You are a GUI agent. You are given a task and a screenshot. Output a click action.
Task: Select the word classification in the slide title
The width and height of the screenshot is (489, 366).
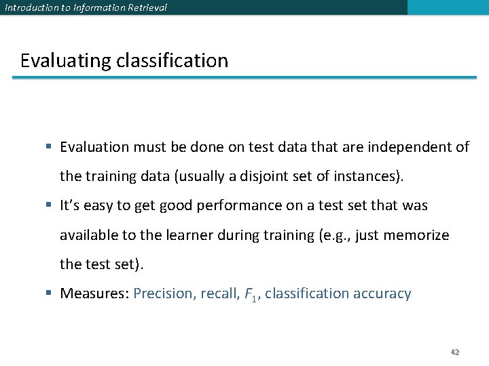tap(173, 61)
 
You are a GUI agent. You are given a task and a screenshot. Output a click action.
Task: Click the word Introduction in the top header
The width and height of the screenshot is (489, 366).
tap(29, 8)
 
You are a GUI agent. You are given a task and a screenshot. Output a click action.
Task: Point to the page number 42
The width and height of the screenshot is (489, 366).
tap(455, 352)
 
